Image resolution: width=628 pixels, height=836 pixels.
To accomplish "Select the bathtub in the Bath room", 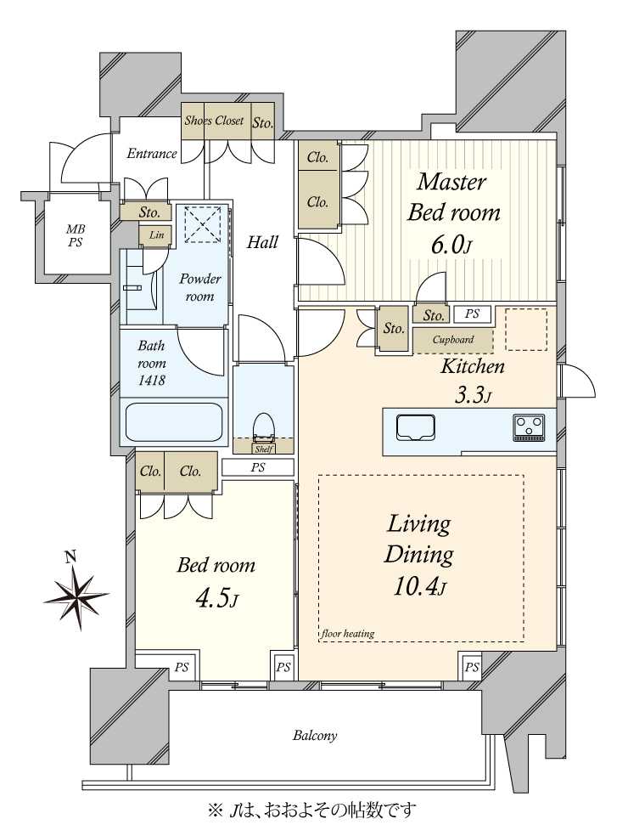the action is (174, 421).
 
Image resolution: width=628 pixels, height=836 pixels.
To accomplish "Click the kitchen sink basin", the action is (416, 428).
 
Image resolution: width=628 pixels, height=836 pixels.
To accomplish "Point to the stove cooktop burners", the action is (528, 427).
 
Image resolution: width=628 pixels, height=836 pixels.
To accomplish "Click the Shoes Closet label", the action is (214, 121).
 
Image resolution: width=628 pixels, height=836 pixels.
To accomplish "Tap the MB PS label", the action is (75, 235).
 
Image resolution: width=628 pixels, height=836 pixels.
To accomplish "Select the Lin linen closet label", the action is (157, 234).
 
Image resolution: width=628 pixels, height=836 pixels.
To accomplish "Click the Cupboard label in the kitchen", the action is (453, 340).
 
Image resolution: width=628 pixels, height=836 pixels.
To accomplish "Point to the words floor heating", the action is (348, 634).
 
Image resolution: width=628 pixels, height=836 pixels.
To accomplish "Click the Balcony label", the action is (315, 736).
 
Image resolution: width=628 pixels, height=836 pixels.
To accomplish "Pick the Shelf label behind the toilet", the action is (264, 449).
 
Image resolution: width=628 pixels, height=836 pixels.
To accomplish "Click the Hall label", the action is (262, 243).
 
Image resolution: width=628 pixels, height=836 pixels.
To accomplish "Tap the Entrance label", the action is (152, 154).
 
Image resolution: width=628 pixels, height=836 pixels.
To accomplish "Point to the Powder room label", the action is (199, 287).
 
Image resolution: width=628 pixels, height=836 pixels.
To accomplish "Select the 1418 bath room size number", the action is (151, 380).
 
